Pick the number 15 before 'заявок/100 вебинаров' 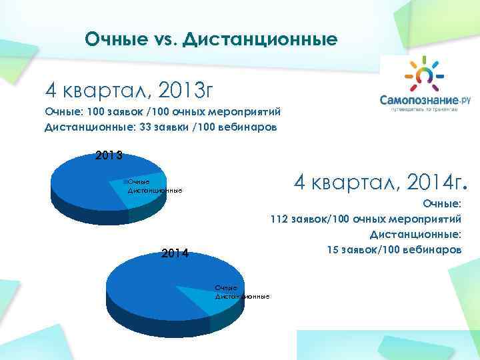click(333, 250)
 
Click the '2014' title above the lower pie click(174, 253)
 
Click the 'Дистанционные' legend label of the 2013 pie click(155, 191)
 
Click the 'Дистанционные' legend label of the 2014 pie click(242, 295)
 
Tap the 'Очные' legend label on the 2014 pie click(225, 287)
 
